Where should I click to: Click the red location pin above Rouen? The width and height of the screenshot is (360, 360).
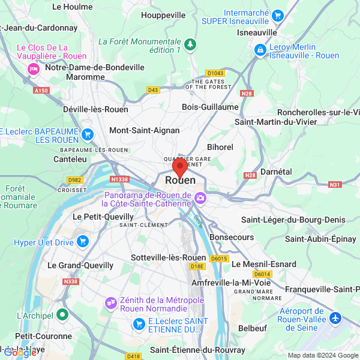(x=179, y=167)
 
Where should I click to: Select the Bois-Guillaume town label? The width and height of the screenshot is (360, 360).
(x=210, y=107)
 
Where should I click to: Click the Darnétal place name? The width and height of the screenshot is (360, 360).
(x=277, y=172)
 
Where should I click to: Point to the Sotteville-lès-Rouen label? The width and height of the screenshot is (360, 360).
(x=164, y=257)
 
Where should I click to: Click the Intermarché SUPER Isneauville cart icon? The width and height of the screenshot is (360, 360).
(x=277, y=16)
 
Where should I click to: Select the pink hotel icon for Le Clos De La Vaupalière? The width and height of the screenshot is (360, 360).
(x=32, y=69)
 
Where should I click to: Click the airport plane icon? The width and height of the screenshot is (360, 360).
(x=334, y=316)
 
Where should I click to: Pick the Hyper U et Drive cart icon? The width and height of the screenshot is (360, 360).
(x=82, y=242)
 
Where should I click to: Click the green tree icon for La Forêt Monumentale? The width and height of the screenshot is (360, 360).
(x=190, y=44)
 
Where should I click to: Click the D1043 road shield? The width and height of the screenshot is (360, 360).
(x=216, y=73)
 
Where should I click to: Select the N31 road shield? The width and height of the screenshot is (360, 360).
(x=335, y=184)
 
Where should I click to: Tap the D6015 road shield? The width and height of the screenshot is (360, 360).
(x=220, y=259)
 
